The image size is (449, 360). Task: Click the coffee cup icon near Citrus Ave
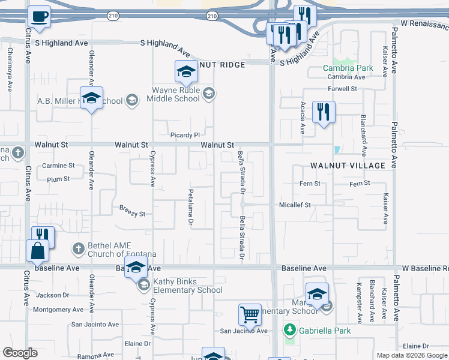click(x=40, y=16)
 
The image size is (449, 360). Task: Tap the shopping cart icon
click(x=250, y=314)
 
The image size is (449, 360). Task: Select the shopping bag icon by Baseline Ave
click(x=37, y=250)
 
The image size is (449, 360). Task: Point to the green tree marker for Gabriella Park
click(x=290, y=330)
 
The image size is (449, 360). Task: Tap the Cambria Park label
click(x=348, y=68)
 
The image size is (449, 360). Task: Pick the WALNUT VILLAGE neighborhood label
click(x=348, y=165)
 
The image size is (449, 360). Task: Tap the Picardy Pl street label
click(x=184, y=135)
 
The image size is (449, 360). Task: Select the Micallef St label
click(x=295, y=205)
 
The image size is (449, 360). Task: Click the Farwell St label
click(x=346, y=89)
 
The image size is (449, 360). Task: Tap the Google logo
click(x=20, y=353)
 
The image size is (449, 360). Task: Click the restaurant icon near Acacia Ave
click(x=323, y=112)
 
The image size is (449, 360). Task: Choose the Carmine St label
click(x=58, y=166)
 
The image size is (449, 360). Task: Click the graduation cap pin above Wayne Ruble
click(x=186, y=71)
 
